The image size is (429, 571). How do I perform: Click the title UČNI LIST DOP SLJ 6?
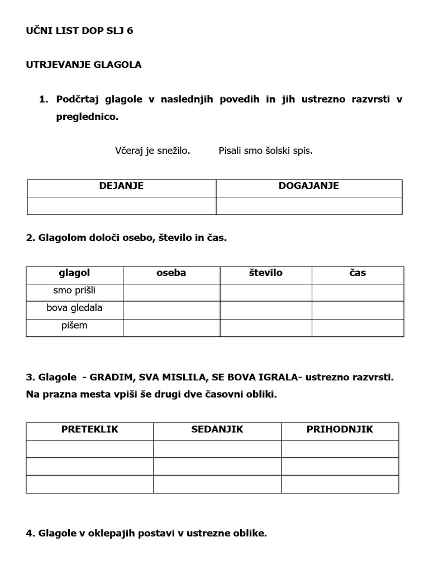point(79,31)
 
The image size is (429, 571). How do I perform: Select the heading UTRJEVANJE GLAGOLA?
point(84,65)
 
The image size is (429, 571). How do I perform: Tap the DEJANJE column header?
point(121,186)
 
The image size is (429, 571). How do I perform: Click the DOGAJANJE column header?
point(308,186)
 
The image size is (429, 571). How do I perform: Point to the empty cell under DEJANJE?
point(121,205)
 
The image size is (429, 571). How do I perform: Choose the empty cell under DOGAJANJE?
point(308,205)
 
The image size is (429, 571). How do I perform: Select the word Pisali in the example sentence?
point(232,151)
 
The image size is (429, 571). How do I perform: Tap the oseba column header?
point(171,273)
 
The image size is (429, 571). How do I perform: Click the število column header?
point(265,273)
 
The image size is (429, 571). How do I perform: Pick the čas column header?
point(357,273)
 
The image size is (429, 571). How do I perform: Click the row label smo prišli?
point(74,291)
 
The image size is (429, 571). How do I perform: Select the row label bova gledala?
point(74,308)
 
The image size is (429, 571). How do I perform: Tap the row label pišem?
point(74,325)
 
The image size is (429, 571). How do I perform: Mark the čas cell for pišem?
point(357,327)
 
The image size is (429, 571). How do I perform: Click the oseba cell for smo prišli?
point(171,292)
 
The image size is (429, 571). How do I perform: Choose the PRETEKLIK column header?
point(89,429)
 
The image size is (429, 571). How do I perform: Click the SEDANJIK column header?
point(217,429)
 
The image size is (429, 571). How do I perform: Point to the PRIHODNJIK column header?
point(340,429)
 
